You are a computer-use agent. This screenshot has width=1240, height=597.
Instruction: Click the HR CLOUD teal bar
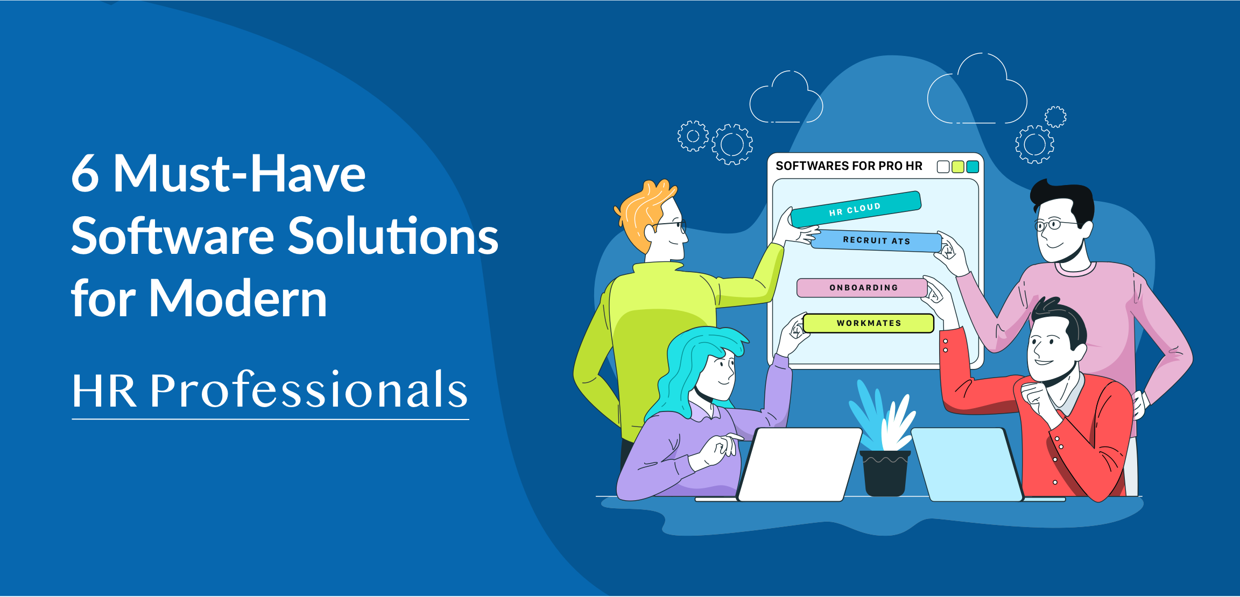(x=856, y=209)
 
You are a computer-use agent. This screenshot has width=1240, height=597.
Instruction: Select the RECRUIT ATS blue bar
(x=877, y=240)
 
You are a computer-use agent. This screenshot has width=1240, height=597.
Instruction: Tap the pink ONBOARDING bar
(x=863, y=288)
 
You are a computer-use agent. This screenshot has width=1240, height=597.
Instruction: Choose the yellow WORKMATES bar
(x=869, y=323)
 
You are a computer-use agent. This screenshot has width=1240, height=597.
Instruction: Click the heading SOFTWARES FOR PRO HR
(x=849, y=166)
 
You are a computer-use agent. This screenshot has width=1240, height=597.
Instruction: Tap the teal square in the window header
(x=973, y=167)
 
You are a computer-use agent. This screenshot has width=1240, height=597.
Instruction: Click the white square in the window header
(x=943, y=167)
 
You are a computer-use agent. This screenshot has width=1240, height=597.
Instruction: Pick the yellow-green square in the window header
(x=958, y=167)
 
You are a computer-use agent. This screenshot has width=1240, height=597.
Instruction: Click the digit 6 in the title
(x=86, y=173)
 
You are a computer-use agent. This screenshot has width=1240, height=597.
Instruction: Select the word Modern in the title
(x=237, y=298)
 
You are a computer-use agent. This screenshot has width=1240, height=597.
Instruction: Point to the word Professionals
(x=308, y=389)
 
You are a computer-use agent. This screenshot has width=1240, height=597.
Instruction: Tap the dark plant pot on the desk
(x=885, y=473)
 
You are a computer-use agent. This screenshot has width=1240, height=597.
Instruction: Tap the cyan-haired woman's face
(x=717, y=371)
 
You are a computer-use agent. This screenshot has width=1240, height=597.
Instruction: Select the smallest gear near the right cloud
(x=1055, y=117)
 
